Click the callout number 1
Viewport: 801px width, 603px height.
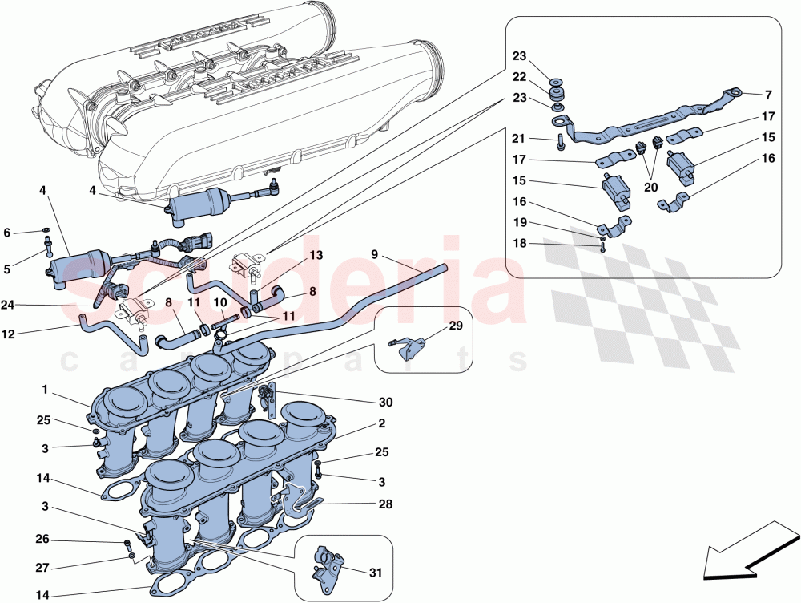pos(46,389)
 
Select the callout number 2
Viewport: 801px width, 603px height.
pos(382,423)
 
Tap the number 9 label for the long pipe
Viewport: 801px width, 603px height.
pos(374,255)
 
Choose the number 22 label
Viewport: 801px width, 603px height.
pos(521,77)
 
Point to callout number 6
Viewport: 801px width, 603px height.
pos(7,233)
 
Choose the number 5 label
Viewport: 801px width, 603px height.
pos(7,269)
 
